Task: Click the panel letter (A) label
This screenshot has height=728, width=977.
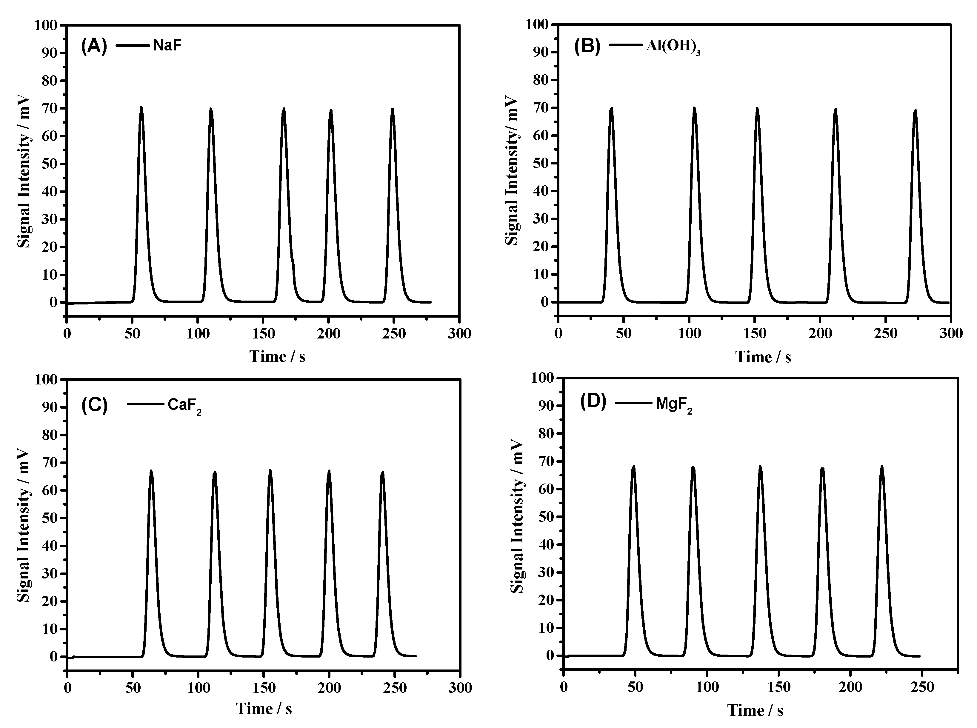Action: [94, 46]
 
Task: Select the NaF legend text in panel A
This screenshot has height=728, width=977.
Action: [167, 46]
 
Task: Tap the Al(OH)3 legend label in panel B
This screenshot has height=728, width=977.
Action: [673, 46]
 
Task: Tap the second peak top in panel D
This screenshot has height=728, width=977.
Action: [693, 467]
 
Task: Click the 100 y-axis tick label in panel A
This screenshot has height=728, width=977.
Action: [46, 25]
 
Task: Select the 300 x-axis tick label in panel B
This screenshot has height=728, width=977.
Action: [950, 334]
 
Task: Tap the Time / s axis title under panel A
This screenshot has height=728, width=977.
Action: [277, 356]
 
